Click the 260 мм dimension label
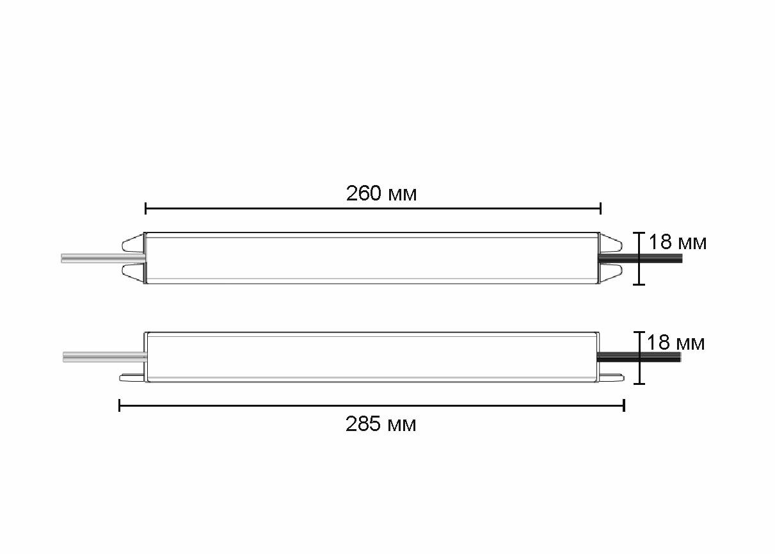coord(381,193)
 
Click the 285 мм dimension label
coord(381,424)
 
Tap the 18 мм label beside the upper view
coord(677,243)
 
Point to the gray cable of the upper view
coord(102,259)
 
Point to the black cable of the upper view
coord(640,259)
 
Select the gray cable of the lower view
coord(104,357)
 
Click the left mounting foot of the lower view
coord(132,379)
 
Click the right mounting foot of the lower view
coord(611,379)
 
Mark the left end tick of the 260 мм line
coord(146,208)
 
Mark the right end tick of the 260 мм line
coord(600,208)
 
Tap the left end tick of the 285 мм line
coord(120,405)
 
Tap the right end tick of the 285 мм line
coord(624,405)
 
